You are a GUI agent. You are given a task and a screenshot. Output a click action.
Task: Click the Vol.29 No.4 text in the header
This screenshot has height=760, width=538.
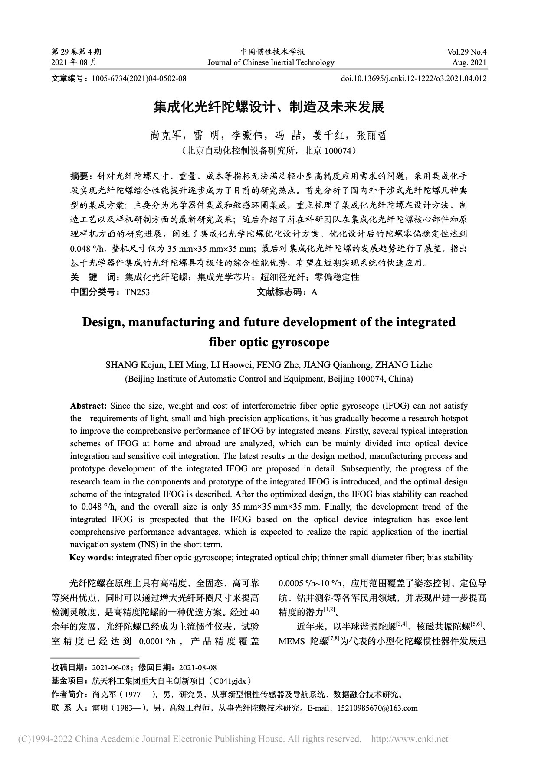466,52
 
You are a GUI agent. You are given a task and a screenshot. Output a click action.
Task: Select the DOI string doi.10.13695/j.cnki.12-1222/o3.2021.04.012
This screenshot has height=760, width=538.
414,78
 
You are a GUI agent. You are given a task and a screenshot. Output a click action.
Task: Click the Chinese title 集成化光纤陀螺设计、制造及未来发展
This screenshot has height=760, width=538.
269,107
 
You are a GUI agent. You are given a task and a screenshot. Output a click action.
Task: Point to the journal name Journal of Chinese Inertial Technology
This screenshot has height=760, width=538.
271,62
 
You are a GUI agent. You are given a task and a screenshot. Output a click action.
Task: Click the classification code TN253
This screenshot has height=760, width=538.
137,292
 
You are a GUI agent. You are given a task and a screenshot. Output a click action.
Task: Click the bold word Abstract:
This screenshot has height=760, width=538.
89,406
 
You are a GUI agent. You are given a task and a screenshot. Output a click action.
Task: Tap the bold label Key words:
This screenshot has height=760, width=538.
92,557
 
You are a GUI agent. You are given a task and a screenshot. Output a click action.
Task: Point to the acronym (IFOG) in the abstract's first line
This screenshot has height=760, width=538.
395,406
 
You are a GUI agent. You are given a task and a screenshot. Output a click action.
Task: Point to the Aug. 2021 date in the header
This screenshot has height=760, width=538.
469,62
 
